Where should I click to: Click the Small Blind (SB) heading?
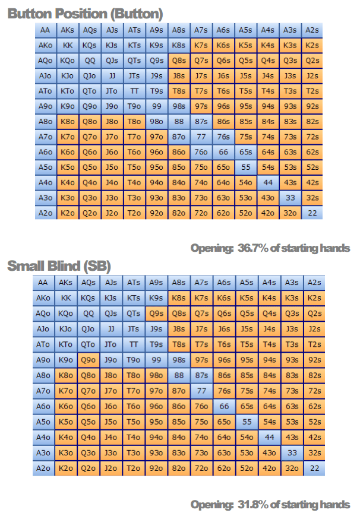coord(59,265)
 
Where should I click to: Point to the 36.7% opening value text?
coord(270,248)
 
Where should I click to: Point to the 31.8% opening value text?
coord(270,504)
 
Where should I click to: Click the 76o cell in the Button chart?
coord(201,151)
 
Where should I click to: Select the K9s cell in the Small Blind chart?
coord(156,298)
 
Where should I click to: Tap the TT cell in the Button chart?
coord(134,91)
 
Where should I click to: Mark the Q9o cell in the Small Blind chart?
coord(89,359)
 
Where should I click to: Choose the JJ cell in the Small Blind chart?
coord(111,328)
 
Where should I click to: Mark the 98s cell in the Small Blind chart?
coord(178,359)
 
